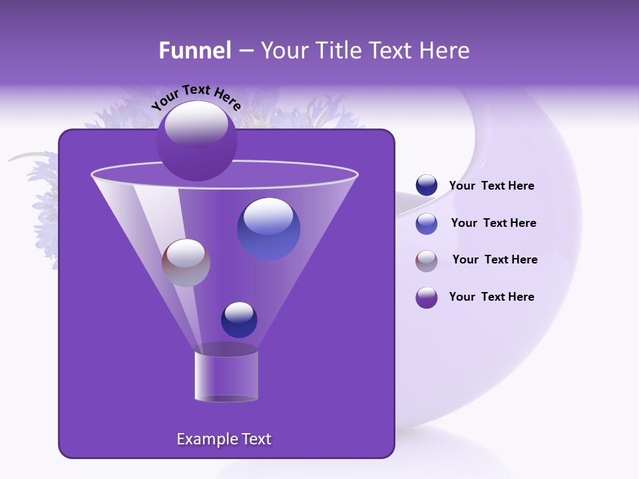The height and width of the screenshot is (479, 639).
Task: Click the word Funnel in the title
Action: click(194, 51)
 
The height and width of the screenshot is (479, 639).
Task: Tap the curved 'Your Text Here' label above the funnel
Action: click(196, 98)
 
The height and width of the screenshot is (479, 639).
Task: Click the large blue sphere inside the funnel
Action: click(268, 228)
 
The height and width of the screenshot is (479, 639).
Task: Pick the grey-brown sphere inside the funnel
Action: click(186, 263)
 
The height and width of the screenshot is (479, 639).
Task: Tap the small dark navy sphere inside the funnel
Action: click(239, 319)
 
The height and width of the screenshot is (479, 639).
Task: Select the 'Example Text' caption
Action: click(224, 439)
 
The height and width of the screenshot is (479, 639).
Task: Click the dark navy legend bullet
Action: click(427, 186)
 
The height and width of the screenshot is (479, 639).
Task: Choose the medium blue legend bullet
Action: click(427, 224)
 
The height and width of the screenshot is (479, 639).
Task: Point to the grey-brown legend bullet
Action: click(427, 261)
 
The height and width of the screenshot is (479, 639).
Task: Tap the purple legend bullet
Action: click(427, 297)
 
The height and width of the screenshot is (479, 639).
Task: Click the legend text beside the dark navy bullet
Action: click(491, 186)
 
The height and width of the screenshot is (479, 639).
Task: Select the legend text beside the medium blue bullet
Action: click(493, 224)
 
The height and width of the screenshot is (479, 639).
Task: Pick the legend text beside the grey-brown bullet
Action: click(495, 259)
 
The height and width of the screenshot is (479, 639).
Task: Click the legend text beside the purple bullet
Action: click(491, 297)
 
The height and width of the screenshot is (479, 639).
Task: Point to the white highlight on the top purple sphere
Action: click(196, 124)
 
